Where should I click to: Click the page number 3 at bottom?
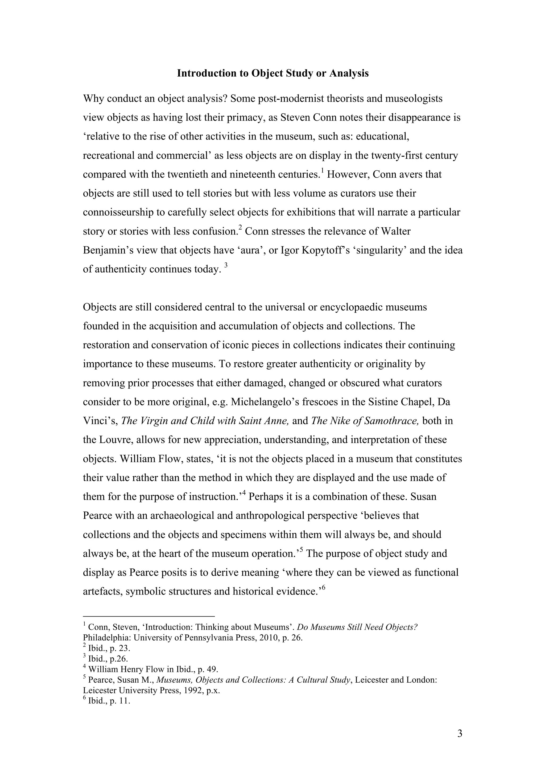point(459,733)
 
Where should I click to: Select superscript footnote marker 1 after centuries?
point(322,172)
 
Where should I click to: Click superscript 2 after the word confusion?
point(240,229)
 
